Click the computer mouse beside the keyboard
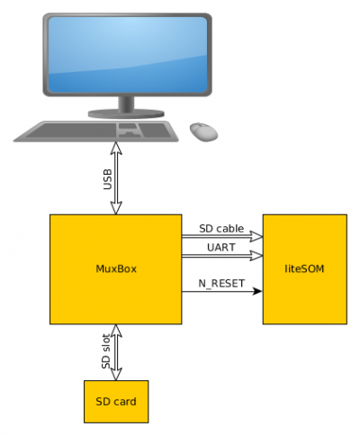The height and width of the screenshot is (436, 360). pos(203,132)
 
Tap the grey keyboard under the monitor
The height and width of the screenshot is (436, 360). pos(96,132)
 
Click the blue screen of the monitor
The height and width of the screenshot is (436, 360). pos(128,54)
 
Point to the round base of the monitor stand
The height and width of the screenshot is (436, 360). pos(126,114)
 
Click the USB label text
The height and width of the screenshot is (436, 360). pos(107,179)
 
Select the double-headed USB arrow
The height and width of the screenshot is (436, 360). pos(116,178)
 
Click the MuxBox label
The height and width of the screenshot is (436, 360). pos(116,268)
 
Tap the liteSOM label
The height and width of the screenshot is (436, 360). pos(304,268)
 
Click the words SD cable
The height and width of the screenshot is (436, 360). pos(221,229)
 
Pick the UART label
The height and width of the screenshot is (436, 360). pos(221,248)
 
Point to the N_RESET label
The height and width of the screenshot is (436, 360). pos(221,284)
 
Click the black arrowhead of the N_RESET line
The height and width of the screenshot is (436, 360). pos(257,291)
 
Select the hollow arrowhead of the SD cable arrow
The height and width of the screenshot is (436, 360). pos(256,237)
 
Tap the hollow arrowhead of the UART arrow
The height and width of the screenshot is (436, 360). pos(256,256)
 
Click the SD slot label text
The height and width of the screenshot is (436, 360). pos(106,351)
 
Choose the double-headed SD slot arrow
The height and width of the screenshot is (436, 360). pos(116,352)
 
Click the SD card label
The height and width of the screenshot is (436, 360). pos(116,402)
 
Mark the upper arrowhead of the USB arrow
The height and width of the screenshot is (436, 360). pos(116,149)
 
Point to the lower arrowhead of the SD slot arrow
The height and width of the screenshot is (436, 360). pos(116,374)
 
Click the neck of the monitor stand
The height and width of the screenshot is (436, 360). pos(126,104)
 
